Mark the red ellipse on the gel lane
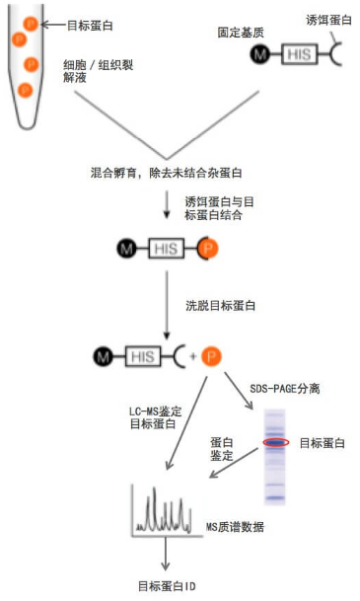pyautogui.click(x=275, y=442)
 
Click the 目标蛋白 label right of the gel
pyautogui.click(x=323, y=443)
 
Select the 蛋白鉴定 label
pyautogui.click(x=223, y=449)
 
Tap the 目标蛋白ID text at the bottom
pyautogui.click(x=168, y=586)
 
